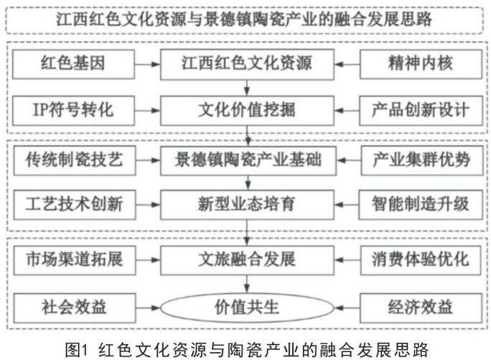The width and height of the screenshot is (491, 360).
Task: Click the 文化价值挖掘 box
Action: point(246,110)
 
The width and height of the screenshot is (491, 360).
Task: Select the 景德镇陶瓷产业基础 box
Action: point(246,160)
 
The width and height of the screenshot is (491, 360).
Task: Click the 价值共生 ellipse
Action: point(246,308)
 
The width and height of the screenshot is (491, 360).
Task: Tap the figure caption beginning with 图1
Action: point(245,349)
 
